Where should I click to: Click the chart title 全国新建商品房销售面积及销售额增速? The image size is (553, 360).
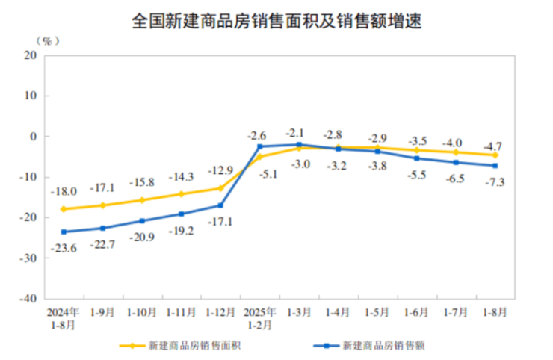276,21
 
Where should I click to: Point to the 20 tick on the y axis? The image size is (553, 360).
31,55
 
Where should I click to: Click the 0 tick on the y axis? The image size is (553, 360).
34,136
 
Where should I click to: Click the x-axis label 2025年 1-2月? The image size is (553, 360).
259,315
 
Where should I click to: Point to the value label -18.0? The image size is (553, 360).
63,192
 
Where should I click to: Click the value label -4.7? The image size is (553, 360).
494,146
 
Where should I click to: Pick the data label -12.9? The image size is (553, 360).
220,171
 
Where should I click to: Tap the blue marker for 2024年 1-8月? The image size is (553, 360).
64,232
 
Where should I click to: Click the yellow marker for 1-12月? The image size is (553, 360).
220,188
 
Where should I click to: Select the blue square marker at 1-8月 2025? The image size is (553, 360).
494,166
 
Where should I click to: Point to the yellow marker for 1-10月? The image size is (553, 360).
142,200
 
